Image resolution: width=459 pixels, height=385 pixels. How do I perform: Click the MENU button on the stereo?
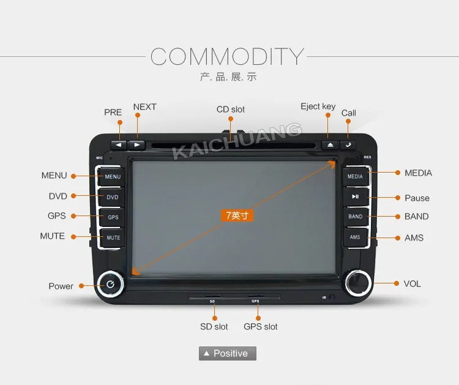[113, 176]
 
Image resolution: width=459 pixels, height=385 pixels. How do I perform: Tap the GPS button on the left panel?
[113, 217]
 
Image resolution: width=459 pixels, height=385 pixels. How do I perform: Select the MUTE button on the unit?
[113, 237]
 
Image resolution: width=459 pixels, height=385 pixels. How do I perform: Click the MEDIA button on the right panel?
[355, 176]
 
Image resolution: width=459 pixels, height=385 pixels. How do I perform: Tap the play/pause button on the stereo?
[355, 196]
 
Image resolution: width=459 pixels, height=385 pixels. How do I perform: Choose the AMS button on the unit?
[355, 237]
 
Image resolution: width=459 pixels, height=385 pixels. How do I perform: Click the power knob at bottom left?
[110, 284]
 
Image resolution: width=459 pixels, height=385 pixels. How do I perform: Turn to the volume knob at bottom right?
[356, 282]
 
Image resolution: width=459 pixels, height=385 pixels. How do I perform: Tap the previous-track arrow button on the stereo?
[119, 146]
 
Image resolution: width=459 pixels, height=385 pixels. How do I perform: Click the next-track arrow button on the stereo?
[137, 146]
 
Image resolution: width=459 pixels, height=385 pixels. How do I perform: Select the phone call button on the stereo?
[348, 145]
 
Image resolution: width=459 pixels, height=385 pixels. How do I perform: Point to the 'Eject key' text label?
[318, 107]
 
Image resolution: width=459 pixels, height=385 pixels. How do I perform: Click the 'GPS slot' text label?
[260, 327]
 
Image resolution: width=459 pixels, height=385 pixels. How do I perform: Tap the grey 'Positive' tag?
[227, 353]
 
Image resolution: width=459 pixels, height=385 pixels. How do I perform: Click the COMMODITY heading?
[227, 57]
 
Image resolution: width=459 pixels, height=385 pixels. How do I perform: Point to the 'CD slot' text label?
[230, 110]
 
